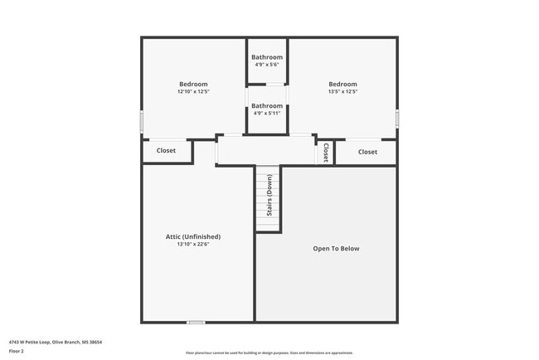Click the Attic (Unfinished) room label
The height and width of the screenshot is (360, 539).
pyautogui.click(x=193, y=236)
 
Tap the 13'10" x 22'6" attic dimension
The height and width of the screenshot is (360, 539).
pyautogui.click(x=193, y=245)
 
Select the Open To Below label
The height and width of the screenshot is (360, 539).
pyautogui.click(x=336, y=248)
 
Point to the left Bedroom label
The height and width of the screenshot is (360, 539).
pyautogui.click(x=193, y=84)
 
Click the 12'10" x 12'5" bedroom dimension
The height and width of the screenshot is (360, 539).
pyautogui.click(x=193, y=92)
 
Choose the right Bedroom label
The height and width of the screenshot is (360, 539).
pyautogui.click(x=342, y=84)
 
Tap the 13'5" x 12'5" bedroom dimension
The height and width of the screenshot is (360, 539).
pyautogui.click(x=342, y=92)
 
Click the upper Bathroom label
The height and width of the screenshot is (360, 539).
pyautogui.click(x=267, y=56)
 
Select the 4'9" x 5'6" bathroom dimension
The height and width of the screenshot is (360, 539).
pyautogui.click(x=267, y=65)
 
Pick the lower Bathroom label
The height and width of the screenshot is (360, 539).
pyautogui.click(x=267, y=105)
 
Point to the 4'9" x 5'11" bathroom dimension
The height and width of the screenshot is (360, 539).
pyautogui.click(x=267, y=114)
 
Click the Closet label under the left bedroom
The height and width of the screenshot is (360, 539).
pyautogui.click(x=166, y=151)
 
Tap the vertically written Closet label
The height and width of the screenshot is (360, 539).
pyautogui.click(x=326, y=152)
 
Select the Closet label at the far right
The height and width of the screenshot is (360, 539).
pyautogui.click(x=367, y=152)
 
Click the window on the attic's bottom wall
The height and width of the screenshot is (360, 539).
pyautogui.click(x=196, y=322)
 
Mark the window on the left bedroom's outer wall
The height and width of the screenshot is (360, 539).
pyautogui.click(x=141, y=122)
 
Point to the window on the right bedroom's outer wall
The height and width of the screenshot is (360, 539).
pyautogui.click(x=397, y=119)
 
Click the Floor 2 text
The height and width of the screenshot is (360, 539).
pyautogui.click(x=17, y=351)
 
